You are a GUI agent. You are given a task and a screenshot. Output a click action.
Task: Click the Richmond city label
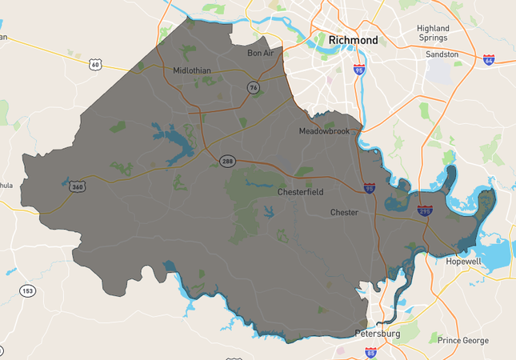pyautogui.click(x=353, y=39)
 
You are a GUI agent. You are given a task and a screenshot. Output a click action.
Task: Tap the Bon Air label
pyautogui.click(x=261, y=54)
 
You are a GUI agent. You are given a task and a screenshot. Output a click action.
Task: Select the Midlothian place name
pyautogui.click(x=192, y=70)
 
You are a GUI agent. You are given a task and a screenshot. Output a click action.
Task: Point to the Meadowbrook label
pyautogui.click(x=324, y=131)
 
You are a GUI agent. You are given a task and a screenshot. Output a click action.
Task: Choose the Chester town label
pyautogui.click(x=346, y=213)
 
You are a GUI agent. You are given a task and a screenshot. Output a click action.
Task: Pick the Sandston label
pyautogui.click(x=442, y=54)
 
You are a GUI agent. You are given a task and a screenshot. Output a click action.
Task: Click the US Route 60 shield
pyautogui.click(x=95, y=63)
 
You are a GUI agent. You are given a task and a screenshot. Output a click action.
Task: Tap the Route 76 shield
pyautogui.click(x=253, y=87)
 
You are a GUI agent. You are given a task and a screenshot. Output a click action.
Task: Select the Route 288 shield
pyautogui.click(x=228, y=161)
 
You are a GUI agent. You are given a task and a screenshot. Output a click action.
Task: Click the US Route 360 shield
pyautogui.click(x=78, y=186)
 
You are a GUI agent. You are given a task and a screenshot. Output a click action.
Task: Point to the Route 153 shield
pyautogui.click(x=28, y=291)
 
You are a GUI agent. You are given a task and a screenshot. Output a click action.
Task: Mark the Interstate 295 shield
pyautogui.click(x=425, y=210)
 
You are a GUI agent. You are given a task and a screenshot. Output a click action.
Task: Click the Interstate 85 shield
pyautogui.click(x=370, y=351)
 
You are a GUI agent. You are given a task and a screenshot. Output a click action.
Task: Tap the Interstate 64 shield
pyautogui.click(x=488, y=60)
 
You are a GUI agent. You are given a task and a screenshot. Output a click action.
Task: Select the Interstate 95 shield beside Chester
pyautogui.click(x=369, y=188)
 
